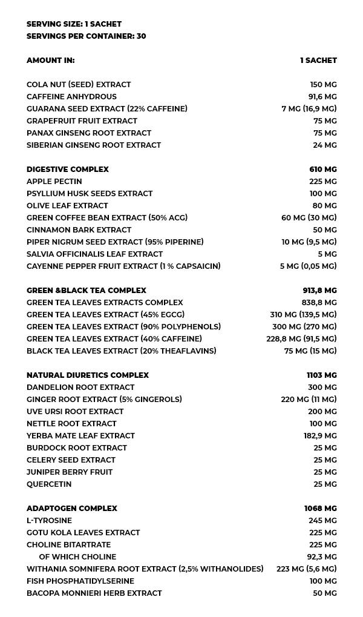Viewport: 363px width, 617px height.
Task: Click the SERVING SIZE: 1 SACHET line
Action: click(74, 24)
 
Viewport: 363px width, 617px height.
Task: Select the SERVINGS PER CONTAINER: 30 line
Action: click(86, 36)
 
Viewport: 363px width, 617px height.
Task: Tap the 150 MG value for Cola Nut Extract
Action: click(323, 85)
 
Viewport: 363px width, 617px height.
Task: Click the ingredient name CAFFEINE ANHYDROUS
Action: click(71, 97)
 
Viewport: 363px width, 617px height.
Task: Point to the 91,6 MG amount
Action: click(322, 97)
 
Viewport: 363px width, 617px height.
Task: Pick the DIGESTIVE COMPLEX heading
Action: click(68, 170)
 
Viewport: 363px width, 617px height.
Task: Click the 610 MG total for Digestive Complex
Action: click(323, 170)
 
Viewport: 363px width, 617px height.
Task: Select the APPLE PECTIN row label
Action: click(54, 182)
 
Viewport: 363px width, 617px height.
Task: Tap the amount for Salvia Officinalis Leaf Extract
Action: click(327, 254)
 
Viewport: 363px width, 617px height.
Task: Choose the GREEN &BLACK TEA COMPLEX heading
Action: click(87, 291)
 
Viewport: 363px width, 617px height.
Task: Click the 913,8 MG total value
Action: click(320, 291)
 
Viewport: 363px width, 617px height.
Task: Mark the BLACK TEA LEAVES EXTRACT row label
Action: click(121, 351)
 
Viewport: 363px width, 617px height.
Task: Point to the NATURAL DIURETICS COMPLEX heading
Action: click(88, 375)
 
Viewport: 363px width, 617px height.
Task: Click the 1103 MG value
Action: click(322, 375)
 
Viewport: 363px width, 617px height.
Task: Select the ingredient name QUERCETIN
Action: click(49, 484)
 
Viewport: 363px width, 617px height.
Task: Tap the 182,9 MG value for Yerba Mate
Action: click(320, 436)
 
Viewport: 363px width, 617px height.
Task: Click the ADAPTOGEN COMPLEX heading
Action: click(72, 509)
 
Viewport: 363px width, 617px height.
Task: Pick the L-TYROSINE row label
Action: click(49, 521)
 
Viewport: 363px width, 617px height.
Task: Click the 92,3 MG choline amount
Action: click(322, 557)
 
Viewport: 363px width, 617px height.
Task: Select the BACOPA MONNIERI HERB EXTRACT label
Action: click(94, 593)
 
